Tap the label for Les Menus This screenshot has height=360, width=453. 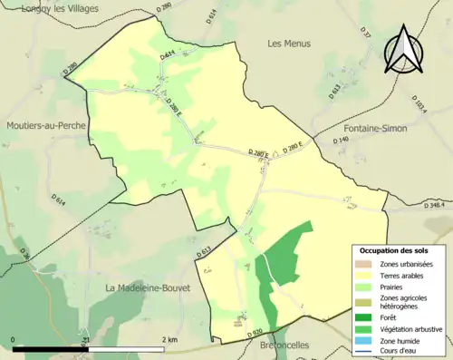click(289, 44)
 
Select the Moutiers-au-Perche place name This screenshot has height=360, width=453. click(43, 127)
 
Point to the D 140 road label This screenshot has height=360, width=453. click(341, 140)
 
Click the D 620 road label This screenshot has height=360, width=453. click(256, 333)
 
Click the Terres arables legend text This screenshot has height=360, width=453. click(404, 274)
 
